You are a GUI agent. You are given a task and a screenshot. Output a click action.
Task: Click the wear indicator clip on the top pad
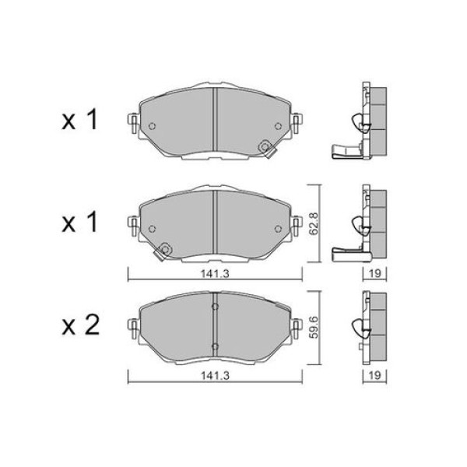[x=265, y=145]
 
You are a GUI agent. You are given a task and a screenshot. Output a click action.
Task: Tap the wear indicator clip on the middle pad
[x=163, y=250]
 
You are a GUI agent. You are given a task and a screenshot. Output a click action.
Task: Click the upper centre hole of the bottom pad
[x=215, y=307]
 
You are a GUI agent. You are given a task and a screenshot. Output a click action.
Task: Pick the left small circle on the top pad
[x=153, y=128]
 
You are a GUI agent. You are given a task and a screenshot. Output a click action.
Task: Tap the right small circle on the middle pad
[x=278, y=229]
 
